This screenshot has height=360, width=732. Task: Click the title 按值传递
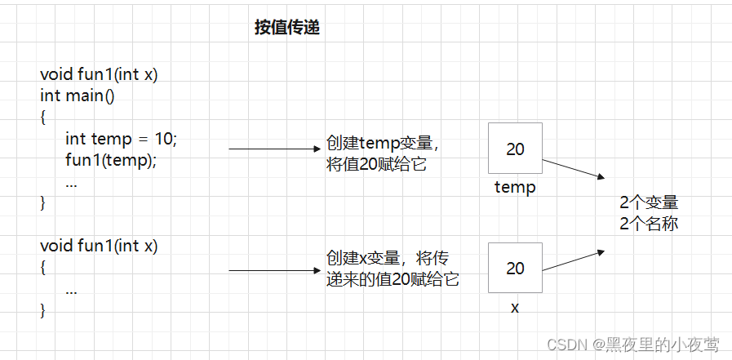pyautogui.click(x=286, y=28)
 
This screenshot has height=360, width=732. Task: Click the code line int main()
pyautogui.click(x=78, y=96)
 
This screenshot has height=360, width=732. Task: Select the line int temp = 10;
pyautogui.click(x=121, y=139)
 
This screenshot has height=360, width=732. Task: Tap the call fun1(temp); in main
pyautogui.click(x=111, y=160)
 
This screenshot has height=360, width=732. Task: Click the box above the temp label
pyautogui.click(x=515, y=149)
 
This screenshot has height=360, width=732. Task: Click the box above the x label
pyautogui.click(x=515, y=268)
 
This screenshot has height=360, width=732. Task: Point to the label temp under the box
pyautogui.click(x=515, y=189)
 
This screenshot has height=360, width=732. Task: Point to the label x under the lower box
pyautogui.click(x=515, y=308)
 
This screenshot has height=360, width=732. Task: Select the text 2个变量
pyautogui.click(x=649, y=202)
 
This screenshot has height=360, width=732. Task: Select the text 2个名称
pyautogui.click(x=649, y=223)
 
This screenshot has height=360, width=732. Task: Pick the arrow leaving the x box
pyautogui.click(x=573, y=261)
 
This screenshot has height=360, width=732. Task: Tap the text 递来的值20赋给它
pyautogui.click(x=392, y=279)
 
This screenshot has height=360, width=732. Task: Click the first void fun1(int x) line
pyautogui.click(x=99, y=74)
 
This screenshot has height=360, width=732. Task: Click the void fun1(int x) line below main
pyautogui.click(x=99, y=246)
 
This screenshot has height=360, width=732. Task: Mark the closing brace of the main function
pyautogui.click(x=43, y=202)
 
